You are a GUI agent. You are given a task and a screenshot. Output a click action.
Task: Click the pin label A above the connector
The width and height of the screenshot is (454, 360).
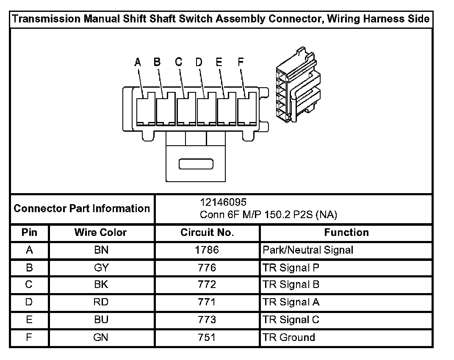click(137, 62)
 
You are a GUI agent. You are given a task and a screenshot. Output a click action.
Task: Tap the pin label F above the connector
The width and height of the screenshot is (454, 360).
click(241, 62)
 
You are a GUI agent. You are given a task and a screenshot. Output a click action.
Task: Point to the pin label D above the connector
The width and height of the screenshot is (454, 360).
click(199, 62)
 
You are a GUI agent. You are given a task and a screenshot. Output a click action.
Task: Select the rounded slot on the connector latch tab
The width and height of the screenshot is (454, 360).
click(196, 163)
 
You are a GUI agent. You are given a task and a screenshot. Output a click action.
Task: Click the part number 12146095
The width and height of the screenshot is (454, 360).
click(223, 202)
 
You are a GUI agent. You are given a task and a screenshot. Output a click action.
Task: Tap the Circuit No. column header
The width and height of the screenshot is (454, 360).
click(207, 233)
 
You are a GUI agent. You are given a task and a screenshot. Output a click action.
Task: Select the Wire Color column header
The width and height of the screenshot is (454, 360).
click(101, 233)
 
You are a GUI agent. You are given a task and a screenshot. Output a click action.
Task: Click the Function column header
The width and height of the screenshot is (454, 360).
click(346, 233)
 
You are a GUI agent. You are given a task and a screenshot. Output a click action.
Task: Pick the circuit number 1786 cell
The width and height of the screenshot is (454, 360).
click(207, 250)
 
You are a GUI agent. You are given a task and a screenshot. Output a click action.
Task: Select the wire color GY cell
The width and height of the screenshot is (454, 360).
click(101, 268)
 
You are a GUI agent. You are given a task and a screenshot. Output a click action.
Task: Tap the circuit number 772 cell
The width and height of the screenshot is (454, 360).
click(207, 285)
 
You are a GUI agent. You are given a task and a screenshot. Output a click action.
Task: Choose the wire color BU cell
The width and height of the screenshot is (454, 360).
click(101, 320)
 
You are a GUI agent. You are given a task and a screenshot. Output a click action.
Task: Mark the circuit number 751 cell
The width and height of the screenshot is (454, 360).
click(207, 338)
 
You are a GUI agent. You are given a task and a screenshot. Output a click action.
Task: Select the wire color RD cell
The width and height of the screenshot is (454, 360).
click(101, 302)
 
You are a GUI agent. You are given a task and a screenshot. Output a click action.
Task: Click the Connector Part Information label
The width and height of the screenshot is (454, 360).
click(82, 208)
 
